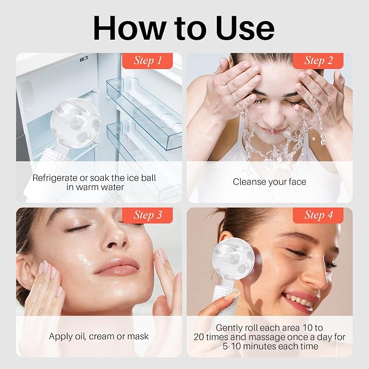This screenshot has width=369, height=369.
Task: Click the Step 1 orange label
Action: coord(147,61)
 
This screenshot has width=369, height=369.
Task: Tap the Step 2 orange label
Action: coord(318,61)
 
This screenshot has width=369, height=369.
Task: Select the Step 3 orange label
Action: coord(147,215)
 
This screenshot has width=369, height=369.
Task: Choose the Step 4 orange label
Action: coord(318,215)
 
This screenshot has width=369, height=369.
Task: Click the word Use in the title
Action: coord(245,28)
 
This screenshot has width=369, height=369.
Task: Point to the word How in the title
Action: coord(129,28)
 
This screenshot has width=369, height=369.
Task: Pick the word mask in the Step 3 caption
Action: coord(138,336)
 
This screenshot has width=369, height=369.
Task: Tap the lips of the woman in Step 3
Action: coord(117,266)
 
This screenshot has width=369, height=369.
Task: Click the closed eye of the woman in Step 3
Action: coord(78,228)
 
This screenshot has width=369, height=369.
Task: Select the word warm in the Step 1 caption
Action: coord(87,187)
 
